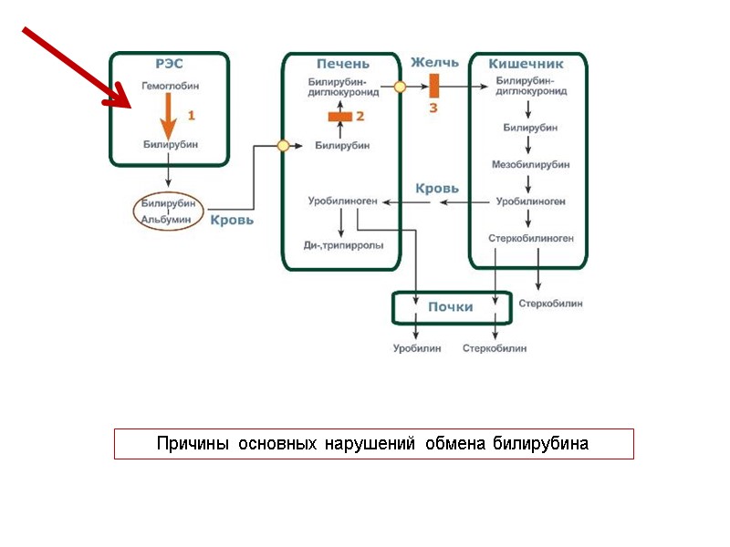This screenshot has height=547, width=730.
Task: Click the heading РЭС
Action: tap(169, 64)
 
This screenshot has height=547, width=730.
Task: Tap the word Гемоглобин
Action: tap(170, 85)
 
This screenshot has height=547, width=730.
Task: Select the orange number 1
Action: tap(192, 116)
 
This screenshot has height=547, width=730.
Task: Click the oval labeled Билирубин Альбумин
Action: tap(169, 211)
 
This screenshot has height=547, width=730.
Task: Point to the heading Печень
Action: tap(342, 64)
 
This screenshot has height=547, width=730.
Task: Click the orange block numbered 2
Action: tap(340, 117)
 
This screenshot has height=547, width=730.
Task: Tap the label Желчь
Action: tap(433, 63)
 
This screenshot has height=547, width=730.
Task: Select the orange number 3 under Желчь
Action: tap(433, 108)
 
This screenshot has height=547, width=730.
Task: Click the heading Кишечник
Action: tap(526, 64)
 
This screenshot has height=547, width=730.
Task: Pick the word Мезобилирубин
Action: tap(530, 164)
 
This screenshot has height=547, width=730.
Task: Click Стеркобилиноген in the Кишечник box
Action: tap(530, 237)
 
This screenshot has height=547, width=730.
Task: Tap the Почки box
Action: tap(450, 307)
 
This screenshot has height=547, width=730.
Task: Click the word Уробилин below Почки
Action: tap(416, 348)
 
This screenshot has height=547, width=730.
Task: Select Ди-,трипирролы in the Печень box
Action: tap(343, 245)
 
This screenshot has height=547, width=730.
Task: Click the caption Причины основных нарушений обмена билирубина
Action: tap(373, 444)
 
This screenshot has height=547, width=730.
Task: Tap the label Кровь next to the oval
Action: tap(232, 220)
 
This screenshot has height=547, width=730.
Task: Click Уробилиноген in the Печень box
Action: tap(342, 201)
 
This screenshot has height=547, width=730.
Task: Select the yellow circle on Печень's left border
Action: tap(283, 145)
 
